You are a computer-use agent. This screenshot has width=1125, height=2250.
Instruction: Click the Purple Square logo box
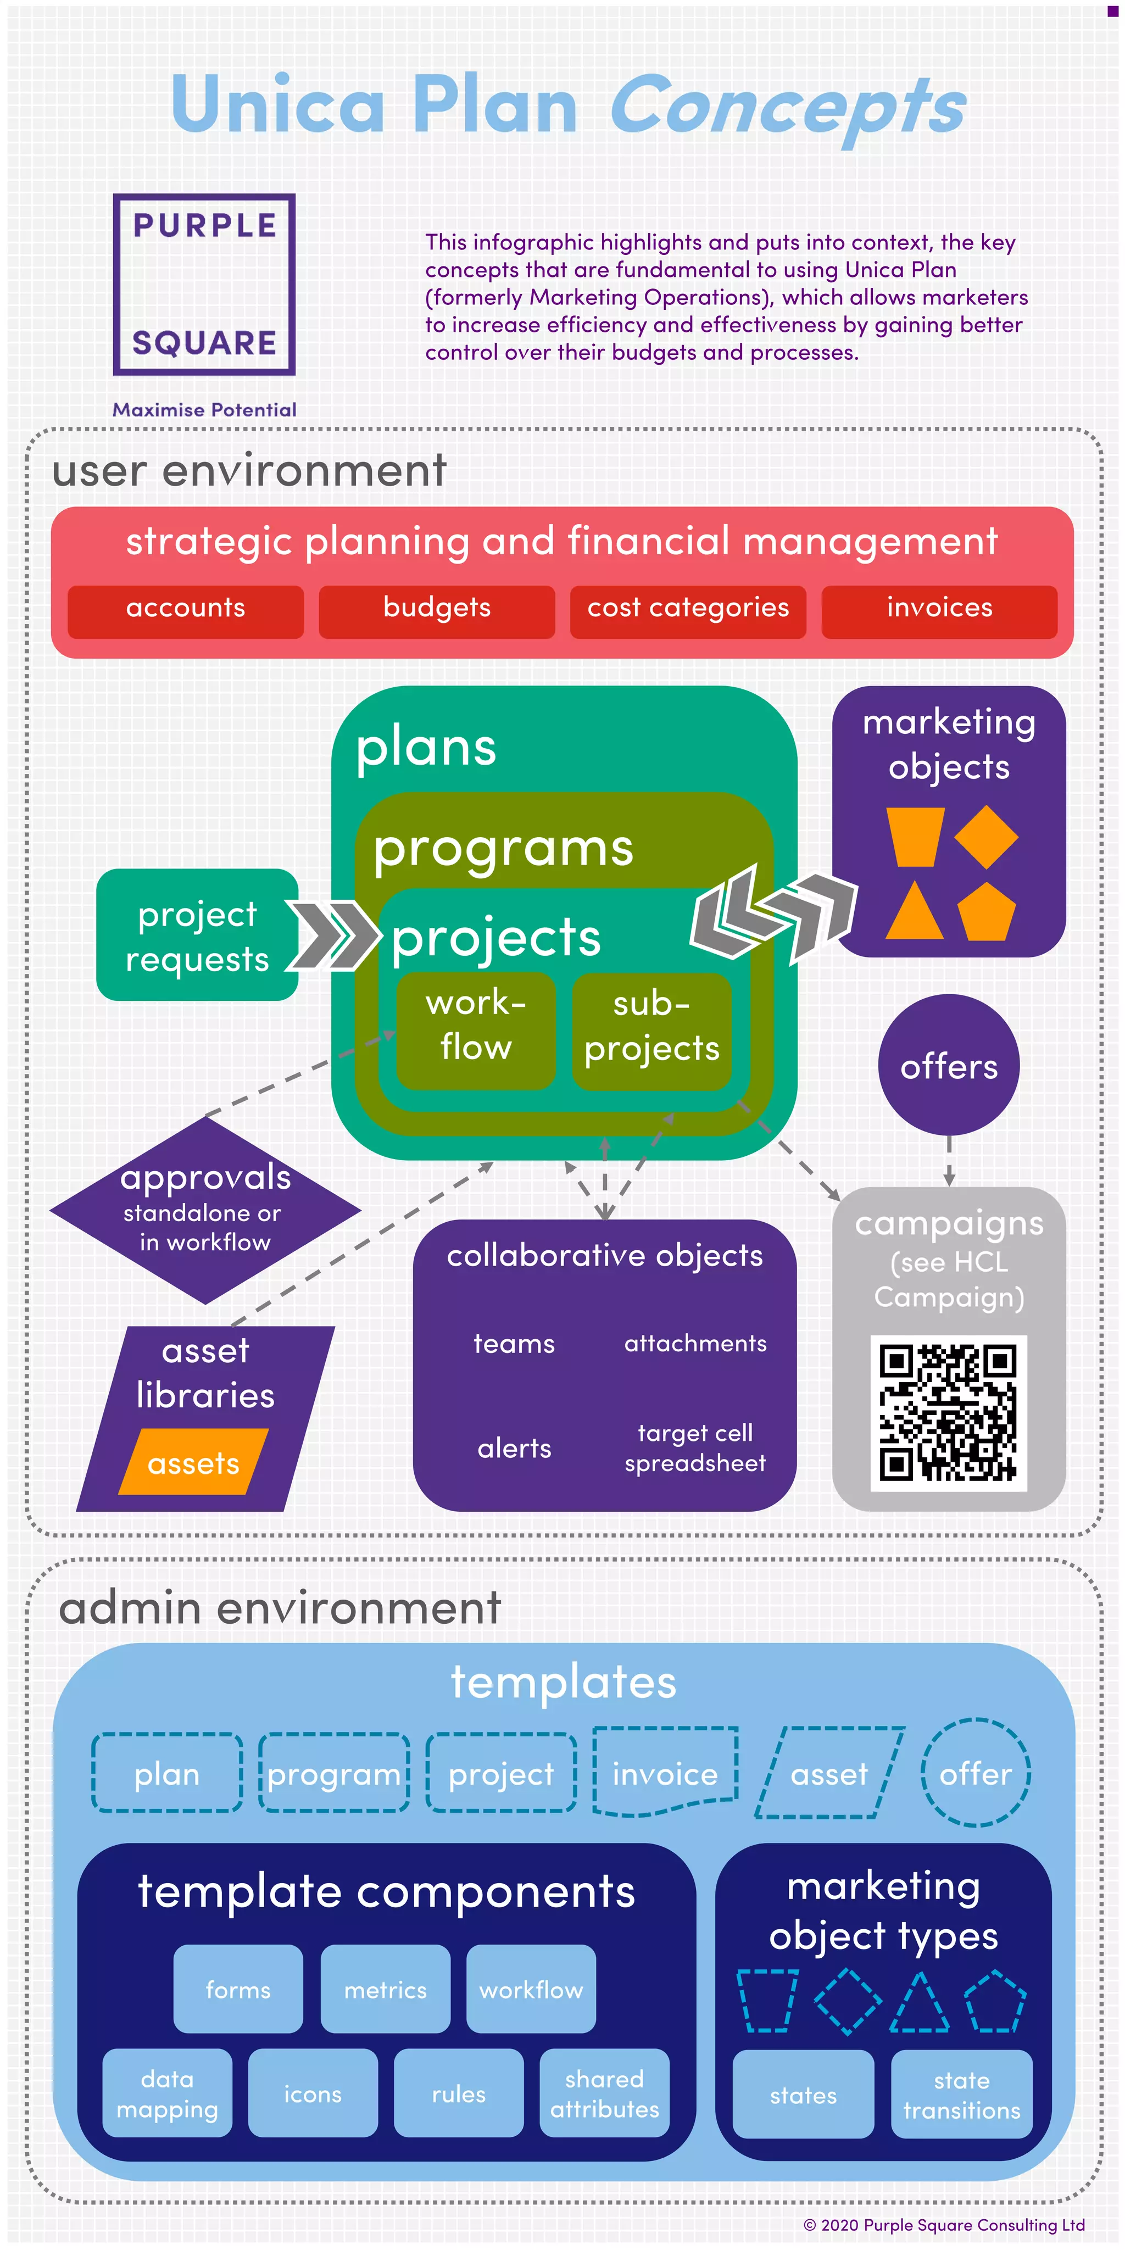tap(204, 285)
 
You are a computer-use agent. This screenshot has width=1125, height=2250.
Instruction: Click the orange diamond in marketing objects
tap(986, 837)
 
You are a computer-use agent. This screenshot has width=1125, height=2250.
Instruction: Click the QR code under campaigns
tap(949, 1412)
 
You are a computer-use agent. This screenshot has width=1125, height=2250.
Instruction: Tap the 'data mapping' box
tap(168, 2093)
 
